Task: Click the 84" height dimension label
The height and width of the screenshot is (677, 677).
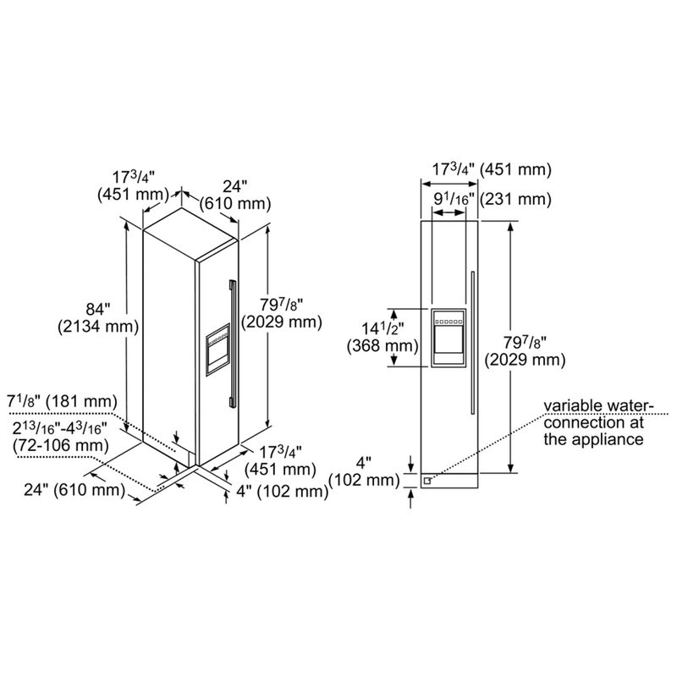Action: [98, 310]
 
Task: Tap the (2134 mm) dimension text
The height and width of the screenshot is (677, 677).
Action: [98, 327]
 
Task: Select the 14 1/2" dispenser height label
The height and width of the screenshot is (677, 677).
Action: [383, 329]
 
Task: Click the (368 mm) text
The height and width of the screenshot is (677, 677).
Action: [383, 346]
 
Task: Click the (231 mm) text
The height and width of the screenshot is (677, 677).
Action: [515, 200]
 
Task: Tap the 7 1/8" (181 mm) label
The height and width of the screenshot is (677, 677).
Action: [62, 402]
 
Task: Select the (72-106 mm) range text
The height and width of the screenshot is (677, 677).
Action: [61, 445]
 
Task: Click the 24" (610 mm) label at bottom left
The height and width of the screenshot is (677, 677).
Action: [74, 490]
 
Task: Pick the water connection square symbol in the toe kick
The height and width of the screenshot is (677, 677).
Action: [427, 481]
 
